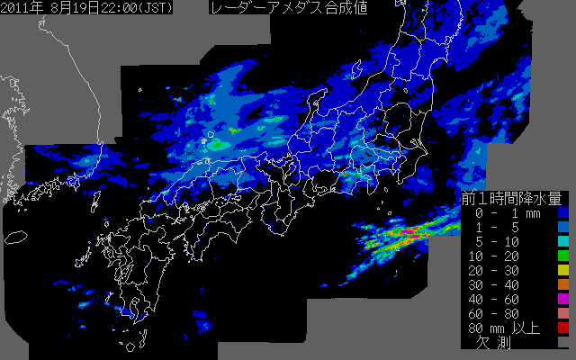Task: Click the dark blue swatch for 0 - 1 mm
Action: point(563,214)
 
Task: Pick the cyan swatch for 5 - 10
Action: point(563,243)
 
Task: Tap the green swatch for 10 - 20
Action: point(563,257)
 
